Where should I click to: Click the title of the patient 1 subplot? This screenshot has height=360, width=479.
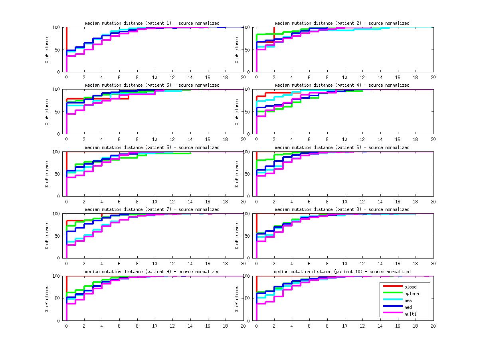[x=152, y=23]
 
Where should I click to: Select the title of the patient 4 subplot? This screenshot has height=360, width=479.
[x=342, y=85]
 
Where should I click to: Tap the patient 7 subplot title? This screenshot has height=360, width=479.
[x=152, y=209]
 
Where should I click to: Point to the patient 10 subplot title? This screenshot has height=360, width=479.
[x=342, y=272]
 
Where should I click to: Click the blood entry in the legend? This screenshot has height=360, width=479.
[x=410, y=287]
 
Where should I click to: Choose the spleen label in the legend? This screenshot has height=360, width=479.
[x=411, y=294]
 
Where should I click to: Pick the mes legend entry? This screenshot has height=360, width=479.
[x=408, y=300]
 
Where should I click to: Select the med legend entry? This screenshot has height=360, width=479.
[x=408, y=307]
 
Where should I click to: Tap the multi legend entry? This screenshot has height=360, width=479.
[x=410, y=314]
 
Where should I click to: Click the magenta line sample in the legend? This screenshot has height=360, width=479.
[x=392, y=314]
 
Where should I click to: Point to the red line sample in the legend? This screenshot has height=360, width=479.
[x=392, y=287]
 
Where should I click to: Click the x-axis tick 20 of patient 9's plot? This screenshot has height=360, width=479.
[x=243, y=326]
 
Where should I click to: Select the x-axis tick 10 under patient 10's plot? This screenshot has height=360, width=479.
[x=344, y=326]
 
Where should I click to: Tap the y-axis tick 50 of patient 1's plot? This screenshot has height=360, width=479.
[x=58, y=50]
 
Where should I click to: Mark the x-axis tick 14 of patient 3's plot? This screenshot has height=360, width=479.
[x=190, y=139]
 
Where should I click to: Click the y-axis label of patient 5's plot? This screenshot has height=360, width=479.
[x=47, y=174]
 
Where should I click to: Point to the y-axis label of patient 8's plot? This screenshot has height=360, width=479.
[x=237, y=236]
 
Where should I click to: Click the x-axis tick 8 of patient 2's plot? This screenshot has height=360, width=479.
[x=327, y=77]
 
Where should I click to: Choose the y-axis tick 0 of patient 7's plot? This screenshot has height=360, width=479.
[x=59, y=258]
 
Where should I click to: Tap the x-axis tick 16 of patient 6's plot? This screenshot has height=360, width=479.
[x=398, y=201]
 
